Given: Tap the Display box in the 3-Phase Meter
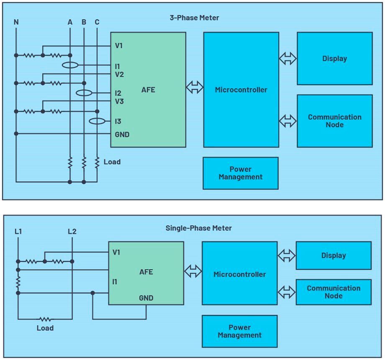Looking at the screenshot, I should click(x=334, y=59).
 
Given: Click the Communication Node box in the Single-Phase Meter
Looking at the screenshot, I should click(x=333, y=292).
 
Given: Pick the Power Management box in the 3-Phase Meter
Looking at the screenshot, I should click(x=240, y=173).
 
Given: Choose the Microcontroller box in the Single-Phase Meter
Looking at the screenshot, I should click(x=239, y=275).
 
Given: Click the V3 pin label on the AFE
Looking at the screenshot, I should click(x=119, y=101).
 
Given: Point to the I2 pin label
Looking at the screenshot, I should click(x=118, y=93).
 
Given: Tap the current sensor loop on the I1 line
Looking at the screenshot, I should click(x=69, y=65).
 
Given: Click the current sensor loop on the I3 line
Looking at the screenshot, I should click(x=97, y=121).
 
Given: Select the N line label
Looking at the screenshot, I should click(x=16, y=22).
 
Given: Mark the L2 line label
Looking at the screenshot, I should click(x=72, y=231).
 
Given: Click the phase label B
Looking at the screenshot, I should click(x=84, y=22).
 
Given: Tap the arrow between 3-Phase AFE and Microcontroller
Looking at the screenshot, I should click(x=195, y=88).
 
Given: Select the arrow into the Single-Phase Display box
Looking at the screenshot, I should click(x=287, y=255).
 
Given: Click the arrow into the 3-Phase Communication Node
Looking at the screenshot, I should click(x=288, y=121).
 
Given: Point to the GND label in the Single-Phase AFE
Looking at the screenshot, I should click(x=146, y=298).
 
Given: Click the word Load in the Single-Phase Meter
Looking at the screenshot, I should click(x=45, y=328).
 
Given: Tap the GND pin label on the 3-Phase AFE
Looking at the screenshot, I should click(x=122, y=135).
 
